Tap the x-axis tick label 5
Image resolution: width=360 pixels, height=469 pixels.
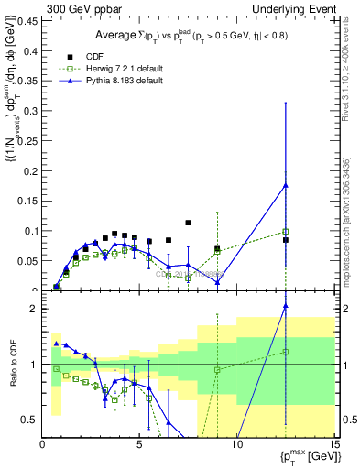139,444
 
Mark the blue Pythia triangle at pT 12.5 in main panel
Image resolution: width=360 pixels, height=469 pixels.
286,185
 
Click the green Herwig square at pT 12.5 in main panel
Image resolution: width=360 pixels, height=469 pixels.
286,232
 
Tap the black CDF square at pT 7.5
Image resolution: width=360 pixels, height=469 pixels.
188,223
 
